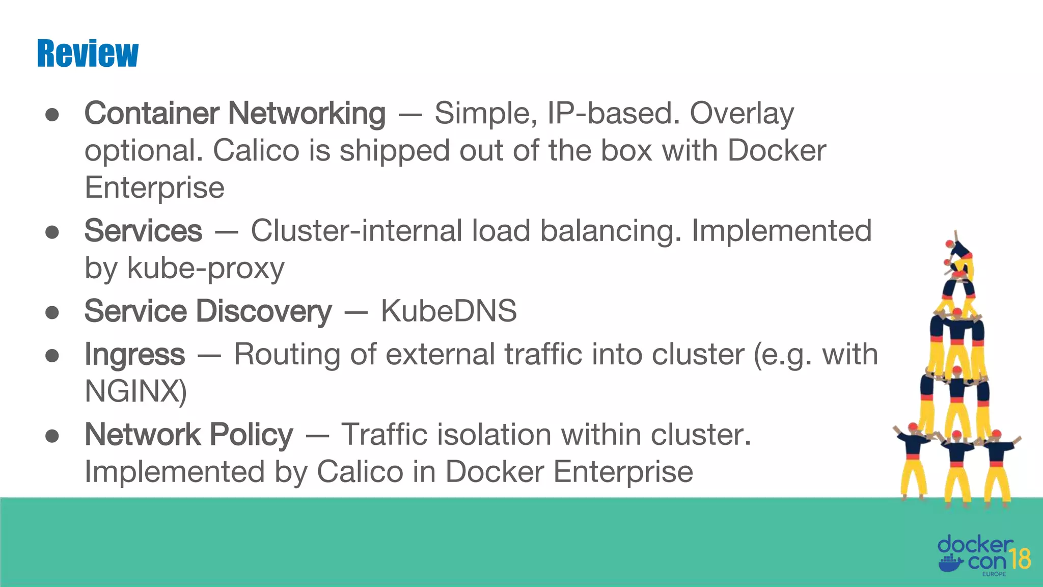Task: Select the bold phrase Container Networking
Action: click(x=235, y=113)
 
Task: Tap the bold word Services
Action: click(x=143, y=231)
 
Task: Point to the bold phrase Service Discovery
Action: click(x=208, y=311)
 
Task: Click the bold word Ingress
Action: click(x=134, y=354)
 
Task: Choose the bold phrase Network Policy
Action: click(x=188, y=435)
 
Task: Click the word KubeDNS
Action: click(x=449, y=311)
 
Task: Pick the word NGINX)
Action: click(x=135, y=391)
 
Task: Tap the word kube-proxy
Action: click(x=206, y=269)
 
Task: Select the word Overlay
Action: click(x=742, y=113)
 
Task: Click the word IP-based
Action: click(x=613, y=113)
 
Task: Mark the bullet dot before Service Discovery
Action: click(x=52, y=312)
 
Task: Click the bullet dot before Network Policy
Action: click(x=52, y=436)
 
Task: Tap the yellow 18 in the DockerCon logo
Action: click(x=1020, y=559)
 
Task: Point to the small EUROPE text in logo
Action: click(x=994, y=574)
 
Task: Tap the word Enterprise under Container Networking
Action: click(x=154, y=188)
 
